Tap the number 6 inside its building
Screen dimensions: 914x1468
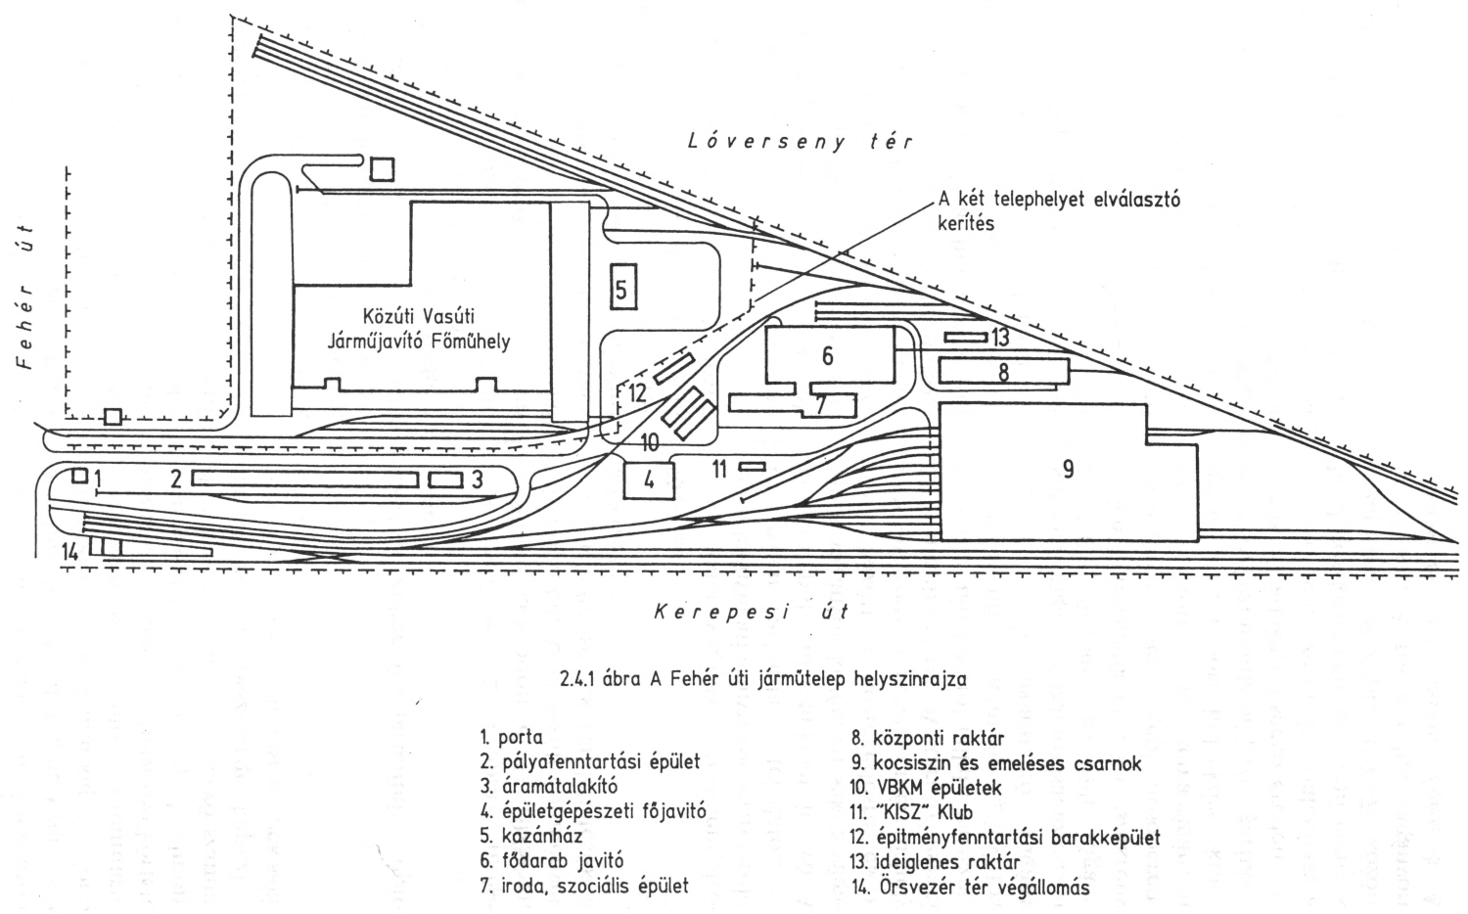click(828, 356)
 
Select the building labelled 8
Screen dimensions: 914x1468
click(1002, 372)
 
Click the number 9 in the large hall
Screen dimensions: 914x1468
click(1068, 469)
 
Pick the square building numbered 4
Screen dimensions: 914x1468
click(647, 480)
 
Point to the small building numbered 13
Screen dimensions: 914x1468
click(966, 338)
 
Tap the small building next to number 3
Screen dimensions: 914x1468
click(445, 480)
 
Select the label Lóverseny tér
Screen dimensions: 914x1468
click(800, 142)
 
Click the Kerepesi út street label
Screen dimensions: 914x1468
click(750, 614)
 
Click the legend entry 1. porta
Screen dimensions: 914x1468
click(511, 737)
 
